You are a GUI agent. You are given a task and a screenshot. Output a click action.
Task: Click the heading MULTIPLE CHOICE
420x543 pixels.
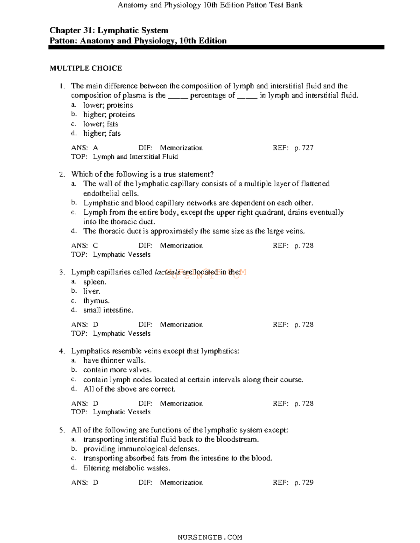point(85,68)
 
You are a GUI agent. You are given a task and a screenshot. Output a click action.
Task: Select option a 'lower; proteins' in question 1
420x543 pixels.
point(108,105)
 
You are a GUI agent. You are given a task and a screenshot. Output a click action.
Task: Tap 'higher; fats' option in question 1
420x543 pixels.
point(102,134)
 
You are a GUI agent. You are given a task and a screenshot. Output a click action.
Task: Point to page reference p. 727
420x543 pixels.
point(304,148)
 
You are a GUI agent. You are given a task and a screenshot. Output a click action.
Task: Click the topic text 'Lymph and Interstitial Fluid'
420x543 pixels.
point(135,157)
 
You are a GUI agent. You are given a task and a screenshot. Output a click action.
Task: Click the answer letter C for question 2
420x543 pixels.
point(95,246)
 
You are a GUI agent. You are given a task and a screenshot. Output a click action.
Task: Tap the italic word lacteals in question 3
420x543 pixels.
point(167,272)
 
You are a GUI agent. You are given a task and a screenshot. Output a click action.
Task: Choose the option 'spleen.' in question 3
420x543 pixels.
point(94,282)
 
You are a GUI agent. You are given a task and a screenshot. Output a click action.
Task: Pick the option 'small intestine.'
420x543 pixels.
point(108,310)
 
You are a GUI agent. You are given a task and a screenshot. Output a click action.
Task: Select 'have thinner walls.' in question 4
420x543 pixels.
point(114,361)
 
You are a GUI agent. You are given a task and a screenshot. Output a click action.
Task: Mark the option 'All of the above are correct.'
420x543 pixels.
point(129,389)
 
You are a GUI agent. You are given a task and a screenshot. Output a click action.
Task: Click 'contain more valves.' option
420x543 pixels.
point(117,370)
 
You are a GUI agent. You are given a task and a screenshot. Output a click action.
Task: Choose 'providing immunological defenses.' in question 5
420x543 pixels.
point(141,449)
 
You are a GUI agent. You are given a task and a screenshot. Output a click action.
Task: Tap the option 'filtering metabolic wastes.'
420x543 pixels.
point(127,468)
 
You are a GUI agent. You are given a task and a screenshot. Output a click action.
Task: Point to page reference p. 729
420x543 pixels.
point(304,483)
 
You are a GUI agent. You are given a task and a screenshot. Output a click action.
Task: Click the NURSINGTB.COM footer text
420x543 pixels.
point(210,537)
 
